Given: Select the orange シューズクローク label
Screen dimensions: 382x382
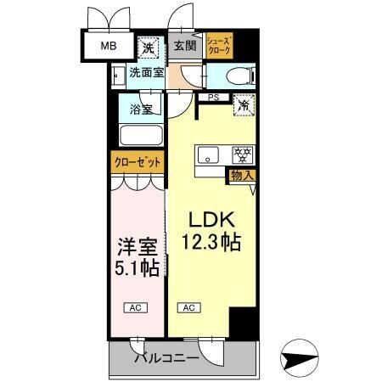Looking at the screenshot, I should click(218, 45).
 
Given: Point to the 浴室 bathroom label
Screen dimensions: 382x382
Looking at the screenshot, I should click(141, 109).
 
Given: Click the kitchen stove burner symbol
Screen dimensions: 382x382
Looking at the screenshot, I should click(244, 155).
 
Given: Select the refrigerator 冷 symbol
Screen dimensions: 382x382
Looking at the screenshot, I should click(244, 107).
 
